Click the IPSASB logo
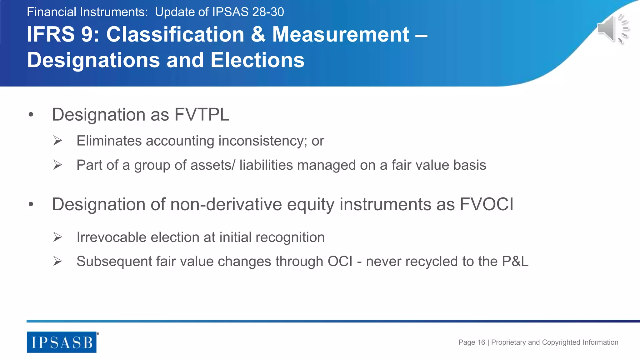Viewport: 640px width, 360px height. tap(62, 342)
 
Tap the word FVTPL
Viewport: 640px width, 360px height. tap(202, 115)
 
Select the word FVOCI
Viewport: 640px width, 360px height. tap(486, 204)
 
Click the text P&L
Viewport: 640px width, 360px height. tap(515, 261)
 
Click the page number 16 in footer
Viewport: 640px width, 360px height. tap(481, 342)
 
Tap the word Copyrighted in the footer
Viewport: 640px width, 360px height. tap(561, 342)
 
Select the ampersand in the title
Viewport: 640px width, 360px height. tap(258, 34)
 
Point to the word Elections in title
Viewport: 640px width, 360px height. tap(257, 60)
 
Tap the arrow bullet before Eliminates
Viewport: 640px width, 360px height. tap(57, 141)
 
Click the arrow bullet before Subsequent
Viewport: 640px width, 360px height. tap(57, 261)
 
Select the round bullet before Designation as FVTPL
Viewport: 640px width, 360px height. tap(31, 115)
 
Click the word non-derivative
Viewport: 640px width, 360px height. tap(226, 204)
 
